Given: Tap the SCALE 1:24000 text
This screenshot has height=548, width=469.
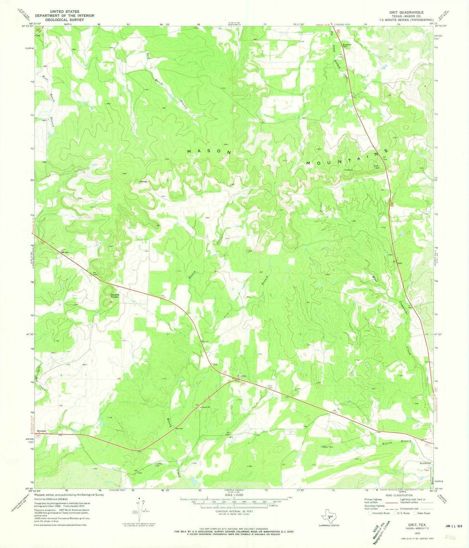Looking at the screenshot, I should pyautogui.click(x=234, y=495).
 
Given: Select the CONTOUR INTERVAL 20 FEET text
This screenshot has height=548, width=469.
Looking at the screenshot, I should pyautogui.click(x=235, y=511).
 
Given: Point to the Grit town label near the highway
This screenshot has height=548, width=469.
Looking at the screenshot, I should pyautogui.click(x=215, y=364).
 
